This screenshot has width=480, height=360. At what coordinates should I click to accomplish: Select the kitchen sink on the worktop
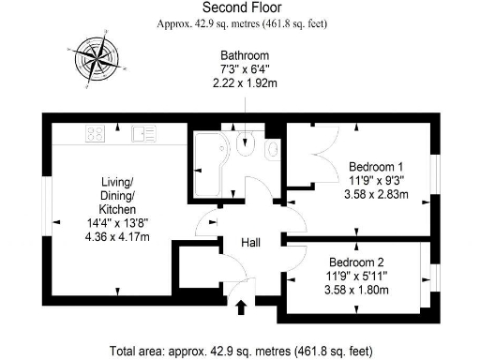click(142, 134)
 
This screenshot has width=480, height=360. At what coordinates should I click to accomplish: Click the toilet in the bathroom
click(247, 146)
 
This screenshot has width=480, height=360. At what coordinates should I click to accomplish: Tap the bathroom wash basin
click(272, 151)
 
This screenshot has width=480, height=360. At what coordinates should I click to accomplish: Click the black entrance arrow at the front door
click(241, 306)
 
